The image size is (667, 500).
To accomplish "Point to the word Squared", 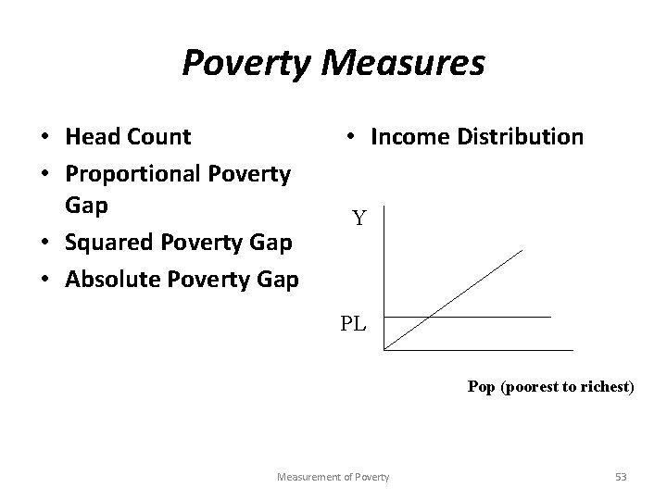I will (x=107, y=242).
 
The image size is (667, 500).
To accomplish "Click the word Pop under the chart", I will (x=482, y=387).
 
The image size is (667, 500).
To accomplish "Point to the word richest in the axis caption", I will (x=607, y=387).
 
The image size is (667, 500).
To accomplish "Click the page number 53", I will (x=621, y=476).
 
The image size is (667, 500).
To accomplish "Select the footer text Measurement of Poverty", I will (x=333, y=476).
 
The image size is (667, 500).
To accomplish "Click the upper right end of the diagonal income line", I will (x=522, y=250).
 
